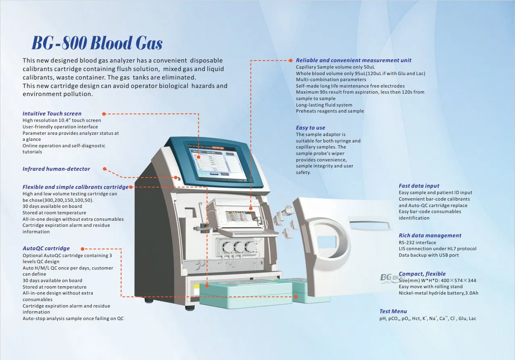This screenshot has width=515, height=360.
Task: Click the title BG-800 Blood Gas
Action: pyautogui.click(x=97, y=43)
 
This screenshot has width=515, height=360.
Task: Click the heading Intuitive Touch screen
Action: pyautogui.click(x=52, y=114)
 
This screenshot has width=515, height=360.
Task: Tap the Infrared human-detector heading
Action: pyautogui.click(x=56, y=169)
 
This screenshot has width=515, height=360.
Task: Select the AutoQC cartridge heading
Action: pyautogui.click(x=46, y=248)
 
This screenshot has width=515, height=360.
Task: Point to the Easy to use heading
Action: pyautogui.click(x=311, y=128)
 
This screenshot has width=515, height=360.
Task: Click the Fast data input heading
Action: pyautogui.click(x=419, y=186)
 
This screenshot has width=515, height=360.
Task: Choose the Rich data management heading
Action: pyautogui.click(x=430, y=235)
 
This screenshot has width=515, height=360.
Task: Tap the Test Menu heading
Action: pyautogui.click(x=393, y=311)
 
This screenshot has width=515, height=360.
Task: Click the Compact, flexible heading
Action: pyautogui.click(x=422, y=274)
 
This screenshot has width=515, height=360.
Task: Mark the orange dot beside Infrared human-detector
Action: pyautogui.click(x=104, y=169)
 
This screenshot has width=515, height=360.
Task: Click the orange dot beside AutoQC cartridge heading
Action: pyautogui.click(x=82, y=249)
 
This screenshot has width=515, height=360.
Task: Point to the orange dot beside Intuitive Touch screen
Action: pyautogui.click(x=104, y=114)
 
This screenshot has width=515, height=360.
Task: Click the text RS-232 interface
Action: pyautogui.click(x=417, y=243)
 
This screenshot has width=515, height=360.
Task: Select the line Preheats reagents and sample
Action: pyautogui.click(x=330, y=111)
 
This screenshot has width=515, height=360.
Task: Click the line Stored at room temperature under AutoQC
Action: pyautogui.click(x=54, y=287)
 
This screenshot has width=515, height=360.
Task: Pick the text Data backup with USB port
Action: pyautogui.click(x=429, y=255)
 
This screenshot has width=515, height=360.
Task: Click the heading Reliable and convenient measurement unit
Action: pyautogui.click(x=354, y=60)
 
